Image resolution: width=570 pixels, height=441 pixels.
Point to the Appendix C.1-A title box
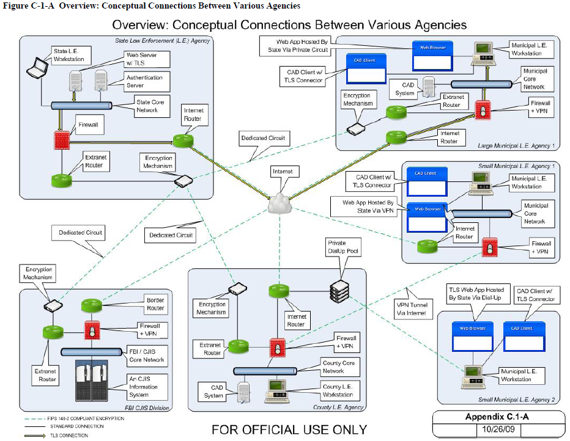(x=497, y=417)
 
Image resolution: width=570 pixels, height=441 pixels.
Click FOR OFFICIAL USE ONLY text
(x=289, y=430)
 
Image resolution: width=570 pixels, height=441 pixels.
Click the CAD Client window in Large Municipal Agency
(x=366, y=68)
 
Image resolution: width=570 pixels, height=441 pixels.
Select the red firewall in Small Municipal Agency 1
(x=489, y=247)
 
